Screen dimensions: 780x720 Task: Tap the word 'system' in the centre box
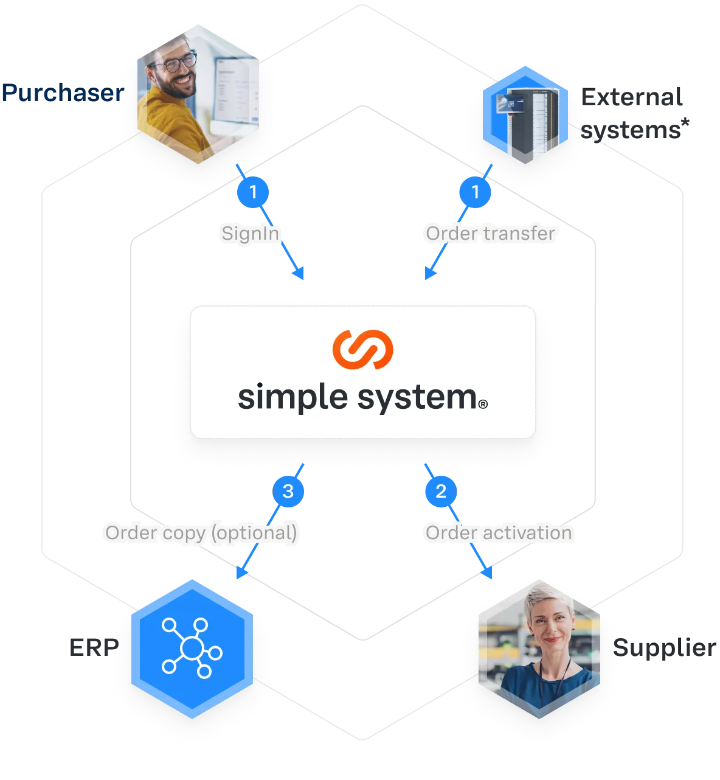tap(417, 398)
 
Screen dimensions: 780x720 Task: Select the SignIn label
tap(250, 233)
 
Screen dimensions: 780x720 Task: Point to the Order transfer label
tap(490, 233)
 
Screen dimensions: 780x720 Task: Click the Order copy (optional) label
tap(201, 533)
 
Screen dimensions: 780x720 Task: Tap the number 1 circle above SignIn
tap(253, 192)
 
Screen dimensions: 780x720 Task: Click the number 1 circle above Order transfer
tap(476, 192)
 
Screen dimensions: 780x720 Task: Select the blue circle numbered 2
tap(441, 491)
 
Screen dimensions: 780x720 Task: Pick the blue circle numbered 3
tap(288, 491)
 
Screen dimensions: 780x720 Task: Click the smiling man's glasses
tap(174, 61)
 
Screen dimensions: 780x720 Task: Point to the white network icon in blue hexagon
tap(192, 648)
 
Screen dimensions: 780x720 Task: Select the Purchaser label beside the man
tap(61, 93)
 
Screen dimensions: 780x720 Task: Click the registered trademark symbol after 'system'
tap(483, 403)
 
